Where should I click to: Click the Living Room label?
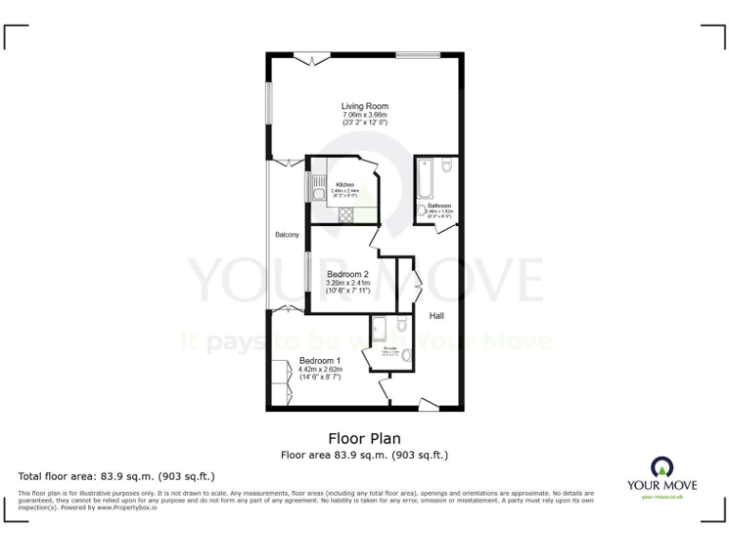364,105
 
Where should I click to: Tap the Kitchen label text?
346,184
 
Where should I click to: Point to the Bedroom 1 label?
320,361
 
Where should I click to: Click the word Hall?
437,315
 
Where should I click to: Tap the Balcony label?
287,235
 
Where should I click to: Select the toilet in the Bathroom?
447,168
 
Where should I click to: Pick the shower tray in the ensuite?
381,328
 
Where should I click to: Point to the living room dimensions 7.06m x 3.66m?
364,115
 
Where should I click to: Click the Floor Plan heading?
364,439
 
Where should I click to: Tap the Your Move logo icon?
662,466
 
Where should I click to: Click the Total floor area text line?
117,476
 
